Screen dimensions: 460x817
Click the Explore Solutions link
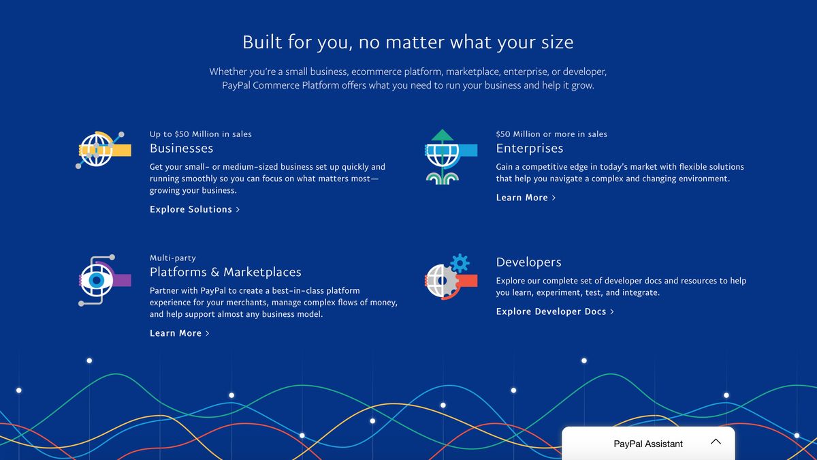point(194,210)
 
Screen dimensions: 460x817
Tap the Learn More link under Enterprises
point(526,198)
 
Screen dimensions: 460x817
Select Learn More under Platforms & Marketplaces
point(179,333)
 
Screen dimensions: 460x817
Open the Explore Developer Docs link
point(554,311)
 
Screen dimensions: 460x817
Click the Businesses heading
point(181,149)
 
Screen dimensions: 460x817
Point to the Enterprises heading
point(529,149)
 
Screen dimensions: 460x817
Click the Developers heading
point(528,262)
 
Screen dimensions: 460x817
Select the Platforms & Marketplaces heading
point(225,272)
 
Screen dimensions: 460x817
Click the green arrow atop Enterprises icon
point(443,135)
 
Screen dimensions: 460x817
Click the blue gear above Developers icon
point(460,262)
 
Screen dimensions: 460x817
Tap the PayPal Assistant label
point(647,444)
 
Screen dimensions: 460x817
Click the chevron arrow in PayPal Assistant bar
point(716,442)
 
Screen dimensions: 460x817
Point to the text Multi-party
point(172,258)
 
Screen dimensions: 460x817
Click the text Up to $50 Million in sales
point(200,134)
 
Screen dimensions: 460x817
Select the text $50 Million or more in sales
point(551,134)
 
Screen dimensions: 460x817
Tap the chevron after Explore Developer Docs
point(612,311)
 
